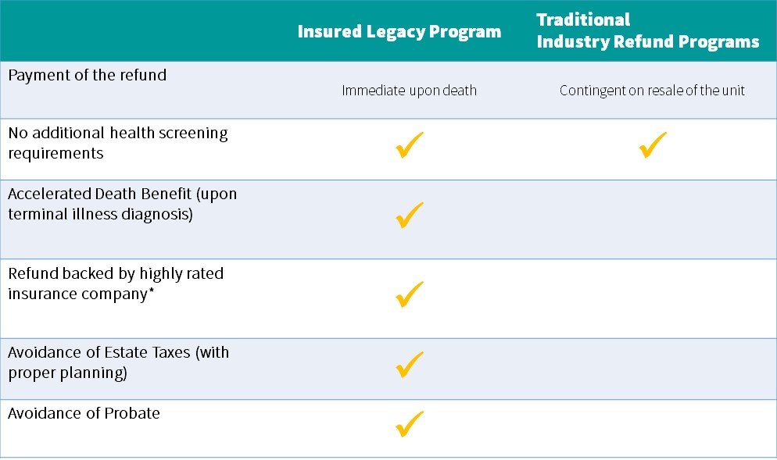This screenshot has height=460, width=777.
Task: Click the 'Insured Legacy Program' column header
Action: (x=399, y=32)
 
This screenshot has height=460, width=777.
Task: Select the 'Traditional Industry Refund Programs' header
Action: (x=648, y=30)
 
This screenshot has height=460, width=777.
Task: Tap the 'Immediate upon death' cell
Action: (x=410, y=91)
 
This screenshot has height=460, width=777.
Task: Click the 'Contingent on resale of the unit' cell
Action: (x=652, y=91)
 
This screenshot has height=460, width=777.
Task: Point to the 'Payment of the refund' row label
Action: (x=88, y=75)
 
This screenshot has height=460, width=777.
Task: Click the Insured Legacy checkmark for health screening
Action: (x=410, y=144)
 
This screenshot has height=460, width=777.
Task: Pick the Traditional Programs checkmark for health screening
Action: (x=653, y=144)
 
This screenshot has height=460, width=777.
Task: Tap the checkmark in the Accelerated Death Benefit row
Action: (x=410, y=215)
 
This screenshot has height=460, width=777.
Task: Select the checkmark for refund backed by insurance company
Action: (x=410, y=294)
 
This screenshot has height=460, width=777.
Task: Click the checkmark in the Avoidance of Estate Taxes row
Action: (x=410, y=365)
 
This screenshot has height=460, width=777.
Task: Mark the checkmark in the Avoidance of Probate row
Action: (x=410, y=424)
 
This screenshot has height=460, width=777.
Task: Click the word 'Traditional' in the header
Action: (x=583, y=20)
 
